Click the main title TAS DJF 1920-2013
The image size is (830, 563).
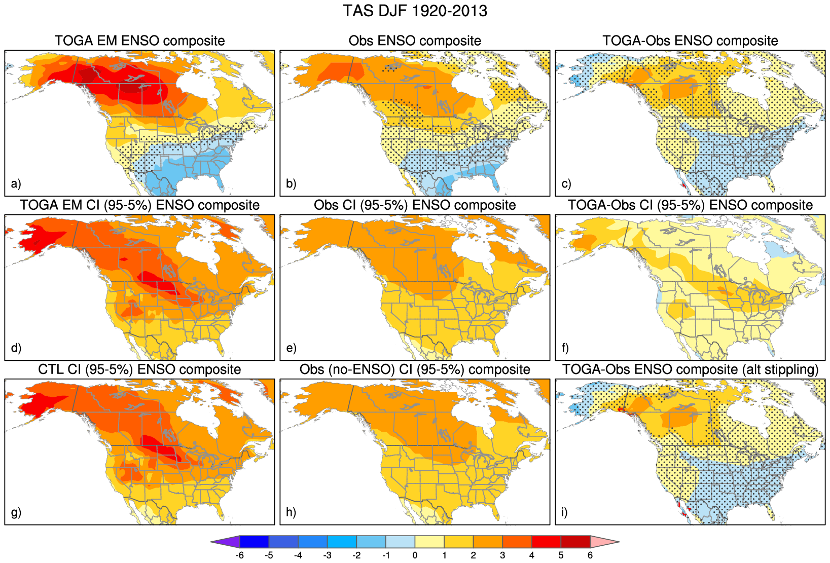(415, 11)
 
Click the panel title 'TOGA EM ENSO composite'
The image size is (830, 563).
(139, 41)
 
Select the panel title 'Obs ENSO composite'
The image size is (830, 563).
(415, 41)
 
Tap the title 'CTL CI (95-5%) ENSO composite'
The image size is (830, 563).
(139, 369)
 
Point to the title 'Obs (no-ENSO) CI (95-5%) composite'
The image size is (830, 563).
(415, 369)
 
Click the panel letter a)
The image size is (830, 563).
(16, 183)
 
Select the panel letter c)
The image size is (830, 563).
(566, 183)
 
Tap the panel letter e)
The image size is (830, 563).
(291, 348)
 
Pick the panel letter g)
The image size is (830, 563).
(16, 512)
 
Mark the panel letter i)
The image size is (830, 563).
(565, 512)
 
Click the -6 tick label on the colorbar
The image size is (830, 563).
(240, 555)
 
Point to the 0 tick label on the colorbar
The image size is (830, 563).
(415, 555)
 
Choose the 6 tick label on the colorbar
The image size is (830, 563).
(590, 555)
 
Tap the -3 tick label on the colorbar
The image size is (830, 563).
(327, 555)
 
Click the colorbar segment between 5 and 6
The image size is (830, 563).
(575, 542)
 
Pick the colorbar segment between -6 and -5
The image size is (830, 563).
(255, 542)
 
